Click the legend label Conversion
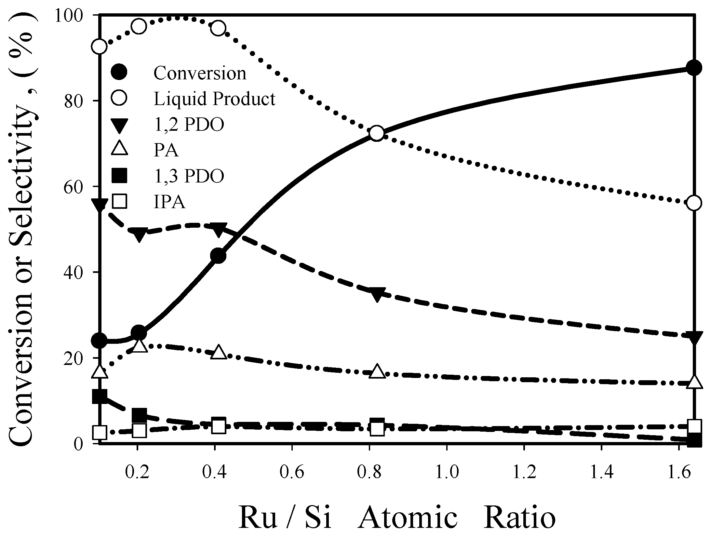[200, 73]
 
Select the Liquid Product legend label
[215, 99]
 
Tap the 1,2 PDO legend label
[189, 125]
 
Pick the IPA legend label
[169, 202]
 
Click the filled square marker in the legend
[119, 176]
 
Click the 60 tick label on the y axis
[78, 186]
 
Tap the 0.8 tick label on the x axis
[369, 472]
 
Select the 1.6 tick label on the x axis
[679, 472]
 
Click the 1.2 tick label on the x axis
[524, 472]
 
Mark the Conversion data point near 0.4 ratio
[218, 256]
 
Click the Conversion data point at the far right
[694, 68]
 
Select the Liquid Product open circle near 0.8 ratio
[377, 133]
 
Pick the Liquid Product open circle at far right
[694, 203]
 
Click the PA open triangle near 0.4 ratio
[218, 353]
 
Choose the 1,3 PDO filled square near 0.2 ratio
[140, 415]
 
